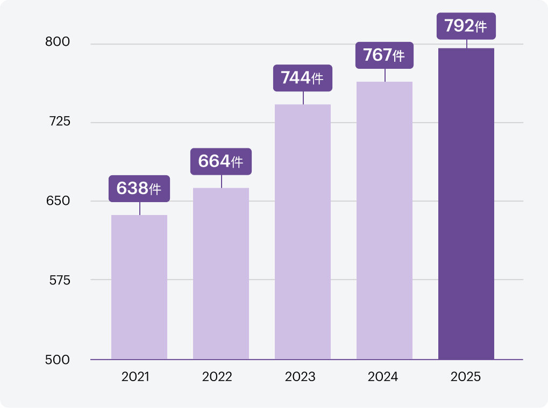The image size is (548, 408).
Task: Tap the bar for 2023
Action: click(x=303, y=231)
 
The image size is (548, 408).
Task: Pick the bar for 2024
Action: click(x=385, y=220)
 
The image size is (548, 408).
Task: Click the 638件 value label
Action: click(x=139, y=189)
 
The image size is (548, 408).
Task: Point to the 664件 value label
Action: click(x=221, y=161)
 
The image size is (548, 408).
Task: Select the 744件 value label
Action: click(x=303, y=78)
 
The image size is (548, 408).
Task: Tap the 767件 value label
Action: click(x=385, y=55)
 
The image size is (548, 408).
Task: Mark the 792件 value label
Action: click(x=466, y=26)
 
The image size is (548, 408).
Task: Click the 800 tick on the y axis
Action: click(x=58, y=42)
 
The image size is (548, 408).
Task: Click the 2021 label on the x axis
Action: click(x=136, y=377)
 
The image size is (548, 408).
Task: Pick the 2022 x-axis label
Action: click(x=217, y=377)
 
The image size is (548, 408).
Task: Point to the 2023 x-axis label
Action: click(x=300, y=377)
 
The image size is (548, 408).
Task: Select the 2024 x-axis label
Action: click(x=383, y=377)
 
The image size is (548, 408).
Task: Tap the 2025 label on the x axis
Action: click(x=466, y=377)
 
